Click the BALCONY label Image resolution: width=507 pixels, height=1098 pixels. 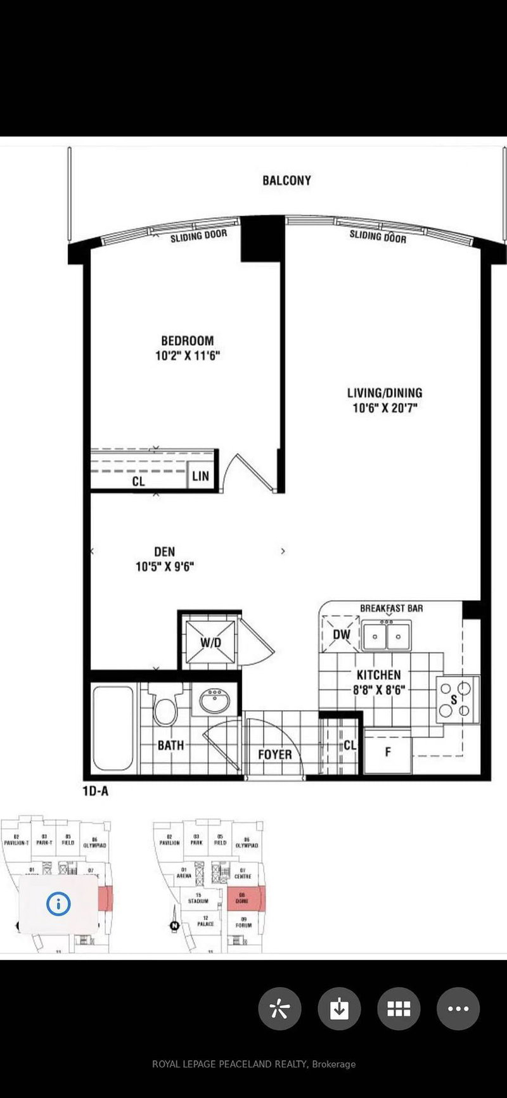click(287, 181)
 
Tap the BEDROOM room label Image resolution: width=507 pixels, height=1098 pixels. click(187, 340)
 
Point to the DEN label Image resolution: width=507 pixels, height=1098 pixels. click(164, 552)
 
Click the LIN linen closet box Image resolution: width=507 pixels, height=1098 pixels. click(200, 476)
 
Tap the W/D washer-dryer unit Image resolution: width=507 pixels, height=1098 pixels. click(210, 641)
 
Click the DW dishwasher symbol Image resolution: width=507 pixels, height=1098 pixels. click(341, 634)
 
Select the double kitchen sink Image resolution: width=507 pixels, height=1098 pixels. click(386, 635)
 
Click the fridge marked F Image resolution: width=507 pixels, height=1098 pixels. click(387, 751)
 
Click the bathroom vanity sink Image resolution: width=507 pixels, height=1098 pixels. click(214, 700)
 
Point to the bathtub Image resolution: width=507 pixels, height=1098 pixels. click(113, 727)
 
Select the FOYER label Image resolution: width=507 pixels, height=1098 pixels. click(274, 755)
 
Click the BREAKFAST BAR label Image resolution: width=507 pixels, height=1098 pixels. click(391, 608)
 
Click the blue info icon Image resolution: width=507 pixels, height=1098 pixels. click(58, 904)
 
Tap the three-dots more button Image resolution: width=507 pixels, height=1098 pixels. click(458, 1008)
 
